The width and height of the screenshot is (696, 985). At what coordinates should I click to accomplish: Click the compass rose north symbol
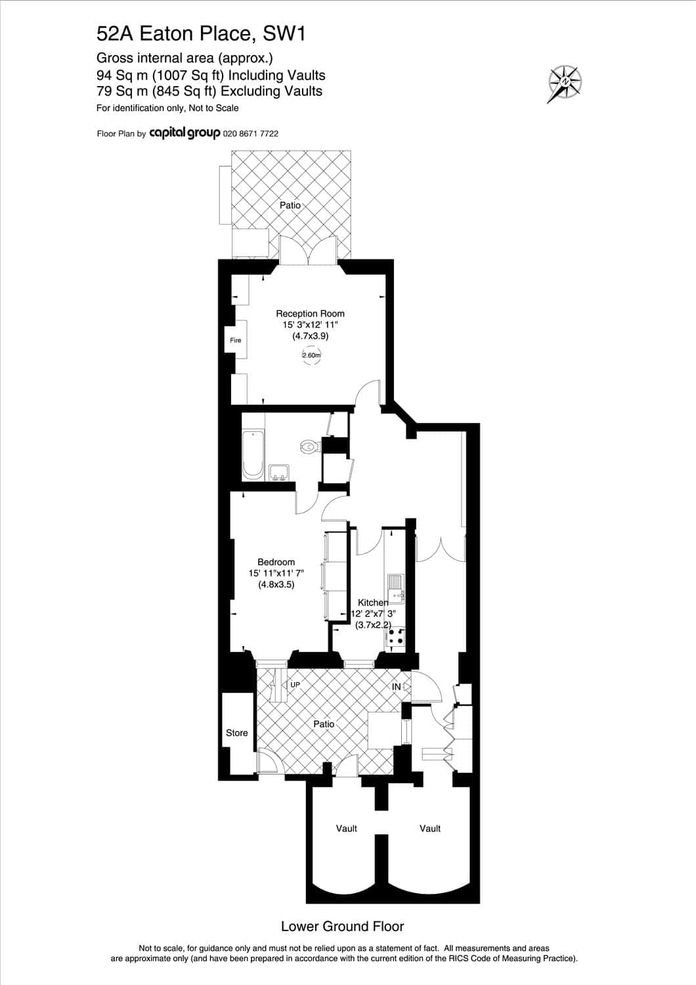pos(565,83)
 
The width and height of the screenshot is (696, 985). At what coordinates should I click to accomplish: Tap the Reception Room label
pos(310,313)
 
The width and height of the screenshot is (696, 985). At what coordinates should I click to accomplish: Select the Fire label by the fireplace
pos(236,340)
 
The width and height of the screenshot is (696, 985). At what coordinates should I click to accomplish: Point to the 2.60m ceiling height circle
pos(311,355)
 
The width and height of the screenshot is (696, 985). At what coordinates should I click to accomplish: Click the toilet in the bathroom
pos(311,447)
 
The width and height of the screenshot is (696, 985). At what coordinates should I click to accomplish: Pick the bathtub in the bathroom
pos(253,455)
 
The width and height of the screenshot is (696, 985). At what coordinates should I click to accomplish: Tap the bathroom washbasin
pos(279,473)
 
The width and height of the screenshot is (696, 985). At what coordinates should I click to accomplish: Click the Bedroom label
pos(276,562)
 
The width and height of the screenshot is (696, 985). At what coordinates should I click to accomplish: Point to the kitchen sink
pos(396,589)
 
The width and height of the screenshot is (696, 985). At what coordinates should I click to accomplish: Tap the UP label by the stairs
pos(295,685)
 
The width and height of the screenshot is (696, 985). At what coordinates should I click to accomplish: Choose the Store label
pos(236,733)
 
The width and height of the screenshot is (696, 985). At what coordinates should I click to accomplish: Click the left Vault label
pos(347,829)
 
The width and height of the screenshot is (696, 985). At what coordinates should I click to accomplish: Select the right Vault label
pos(430,829)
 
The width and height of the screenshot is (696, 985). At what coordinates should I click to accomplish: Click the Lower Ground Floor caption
pos(343,927)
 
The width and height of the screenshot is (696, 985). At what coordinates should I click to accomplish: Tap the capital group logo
pos(185,133)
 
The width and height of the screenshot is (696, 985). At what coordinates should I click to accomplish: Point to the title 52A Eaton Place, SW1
pos(201,34)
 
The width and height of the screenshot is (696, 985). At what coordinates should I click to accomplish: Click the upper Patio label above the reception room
pos(290,205)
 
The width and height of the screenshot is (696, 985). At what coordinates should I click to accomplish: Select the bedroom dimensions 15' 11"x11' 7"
pos(276,573)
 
